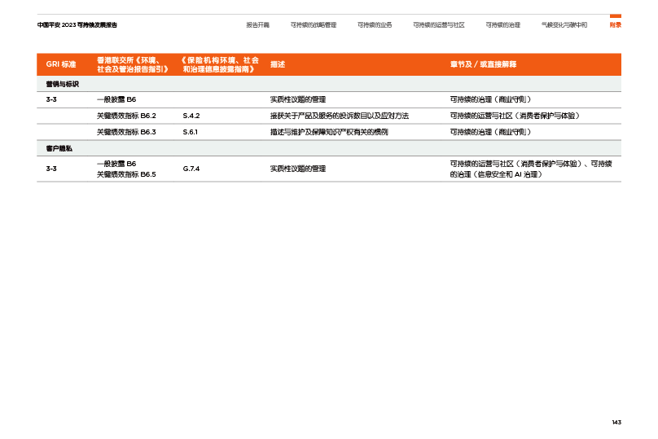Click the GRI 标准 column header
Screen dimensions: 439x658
tap(61, 64)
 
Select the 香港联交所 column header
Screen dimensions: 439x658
tap(132, 64)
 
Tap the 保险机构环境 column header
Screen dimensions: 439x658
tap(219, 64)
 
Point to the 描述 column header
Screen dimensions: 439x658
tap(278, 64)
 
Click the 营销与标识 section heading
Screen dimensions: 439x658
tap(57, 84)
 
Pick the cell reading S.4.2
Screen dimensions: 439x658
tap(191, 116)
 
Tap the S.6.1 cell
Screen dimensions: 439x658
tap(191, 132)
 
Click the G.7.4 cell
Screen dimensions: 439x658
tap(191, 169)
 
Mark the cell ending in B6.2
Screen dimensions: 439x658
tap(126, 116)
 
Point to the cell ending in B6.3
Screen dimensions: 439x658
tap(126, 132)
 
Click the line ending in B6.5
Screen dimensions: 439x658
tap(126, 174)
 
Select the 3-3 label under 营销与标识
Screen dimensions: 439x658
tap(51, 99)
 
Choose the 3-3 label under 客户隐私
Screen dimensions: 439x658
tap(51, 169)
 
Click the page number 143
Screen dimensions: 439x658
tap(616, 422)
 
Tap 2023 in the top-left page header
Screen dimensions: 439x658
tap(68, 25)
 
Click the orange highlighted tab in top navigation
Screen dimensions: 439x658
tap(616, 24)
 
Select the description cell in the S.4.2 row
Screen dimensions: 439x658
tap(339, 116)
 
